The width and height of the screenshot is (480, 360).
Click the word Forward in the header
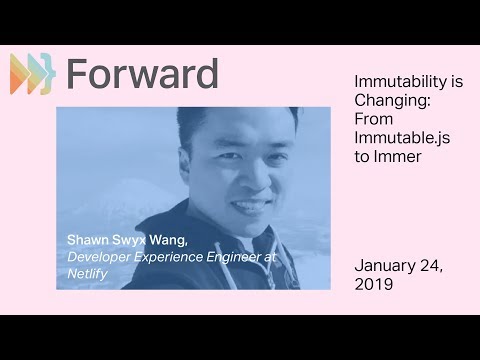tap(141, 74)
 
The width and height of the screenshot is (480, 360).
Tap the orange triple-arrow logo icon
tap(31, 74)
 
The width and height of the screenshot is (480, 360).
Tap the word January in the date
tap(386, 266)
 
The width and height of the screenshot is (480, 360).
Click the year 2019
tap(374, 284)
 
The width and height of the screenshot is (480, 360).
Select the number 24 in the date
tap(435, 266)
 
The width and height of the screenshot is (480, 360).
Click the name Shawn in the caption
tap(88, 240)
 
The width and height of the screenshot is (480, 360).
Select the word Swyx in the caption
tap(131, 241)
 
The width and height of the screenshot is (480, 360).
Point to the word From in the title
tap(374, 119)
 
